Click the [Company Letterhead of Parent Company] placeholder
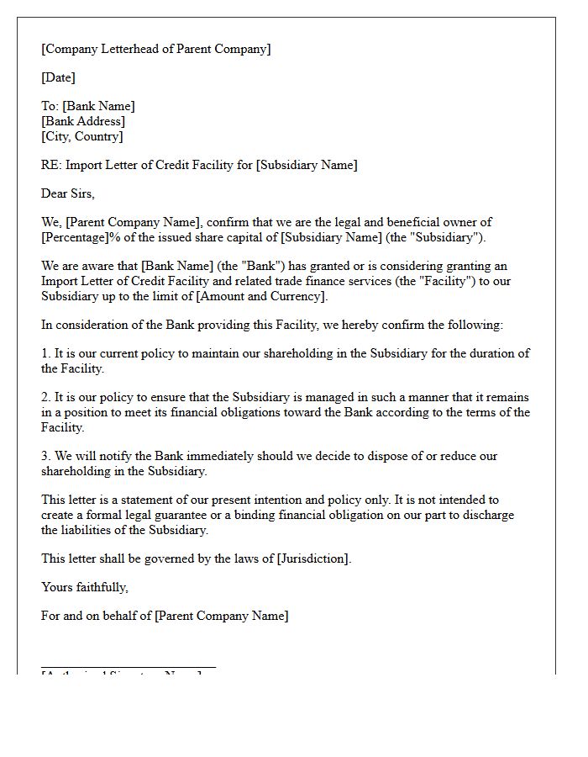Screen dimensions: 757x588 tap(156, 49)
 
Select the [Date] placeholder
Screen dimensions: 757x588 tap(58, 77)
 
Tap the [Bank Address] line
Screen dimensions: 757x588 tap(83, 121)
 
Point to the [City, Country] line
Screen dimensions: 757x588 tap(81, 136)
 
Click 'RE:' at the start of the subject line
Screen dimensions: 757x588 tap(50, 165)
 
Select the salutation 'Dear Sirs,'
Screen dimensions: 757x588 tap(68, 193)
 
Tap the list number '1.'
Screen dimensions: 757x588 tap(46, 354)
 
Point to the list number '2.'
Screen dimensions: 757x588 tap(46, 398)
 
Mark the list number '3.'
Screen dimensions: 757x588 tap(46, 456)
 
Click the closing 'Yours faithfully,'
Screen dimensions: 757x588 tap(85, 587)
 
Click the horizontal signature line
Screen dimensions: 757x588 tap(129, 667)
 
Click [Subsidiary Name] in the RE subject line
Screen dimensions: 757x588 tap(307, 165)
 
